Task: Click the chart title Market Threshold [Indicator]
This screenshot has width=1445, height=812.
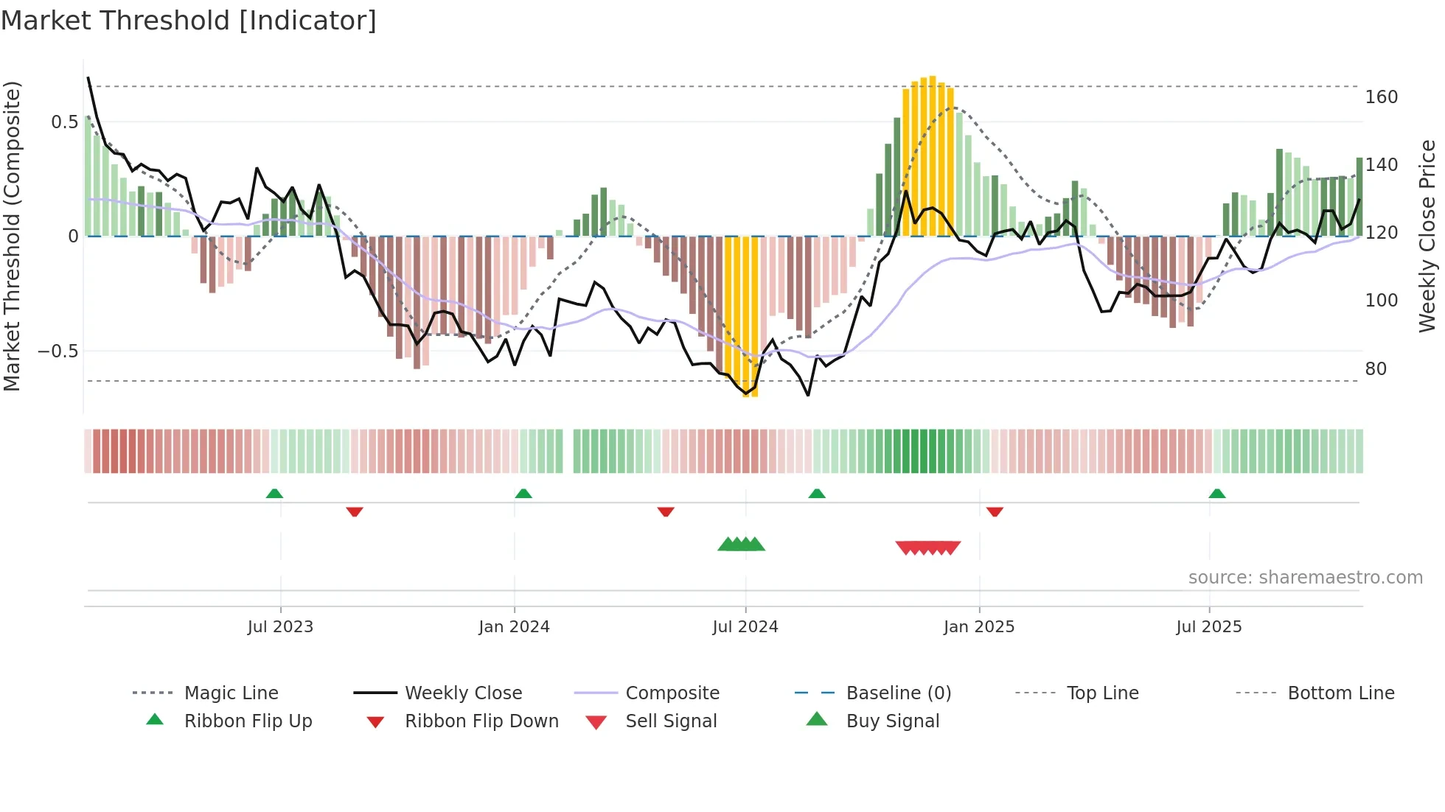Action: (189, 21)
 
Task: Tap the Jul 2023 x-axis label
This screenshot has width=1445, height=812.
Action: (280, 627)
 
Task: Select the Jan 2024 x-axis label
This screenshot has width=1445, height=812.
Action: (514, 627)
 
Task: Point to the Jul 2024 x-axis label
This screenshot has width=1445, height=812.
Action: (745, 627)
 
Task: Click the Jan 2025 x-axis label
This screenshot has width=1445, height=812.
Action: (978, 627)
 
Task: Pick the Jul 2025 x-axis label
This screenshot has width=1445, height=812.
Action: (1208, 627)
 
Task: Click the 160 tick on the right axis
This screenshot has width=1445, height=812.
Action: (1381, 97)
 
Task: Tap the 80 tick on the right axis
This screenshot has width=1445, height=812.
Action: (1376, 369)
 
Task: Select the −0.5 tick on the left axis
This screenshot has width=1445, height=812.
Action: (58, 351)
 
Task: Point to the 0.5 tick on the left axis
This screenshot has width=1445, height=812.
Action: (64, 122)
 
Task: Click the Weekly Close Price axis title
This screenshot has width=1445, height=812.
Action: (1427, 236)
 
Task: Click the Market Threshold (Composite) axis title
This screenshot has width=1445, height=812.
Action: (13, 236)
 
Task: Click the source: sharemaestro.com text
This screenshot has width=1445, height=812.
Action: (1305, 578)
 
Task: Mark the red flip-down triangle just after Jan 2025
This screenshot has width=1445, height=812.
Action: (995, 511)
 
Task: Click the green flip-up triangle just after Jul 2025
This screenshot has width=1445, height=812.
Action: (1216, 494)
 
